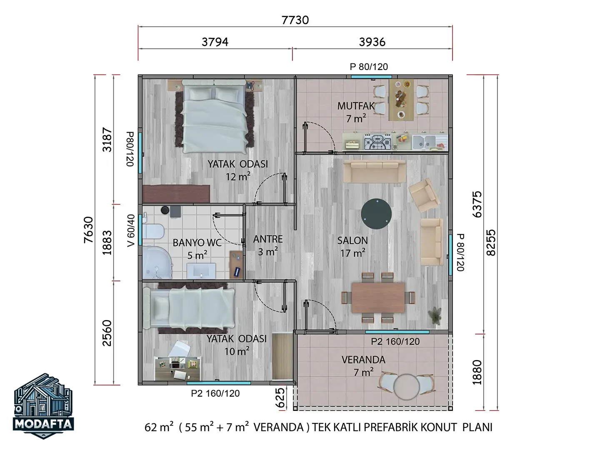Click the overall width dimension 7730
pyautogui.click(x=295, y=20)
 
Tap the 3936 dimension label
pyautogui.click(x=372, y=42)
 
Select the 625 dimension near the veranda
pyautogui.click(x=280, y=397)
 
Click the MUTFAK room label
pyautogui.click(x=356, y=106)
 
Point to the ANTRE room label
pyautogui.click(x=268, y=239)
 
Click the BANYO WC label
pyautogui.click(x=197, y=242)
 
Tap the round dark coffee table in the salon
pyautogui.click(x=377, y=214)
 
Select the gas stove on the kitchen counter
pyautogui.click(x=377, y=141)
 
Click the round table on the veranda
pyautogui.click(x=406, y=387)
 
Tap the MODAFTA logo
pyautogui.click(x=43, y=406)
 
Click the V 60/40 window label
pyautogui.click(x=131, y=230)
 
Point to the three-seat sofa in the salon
pyautogui.click(x=374, y=171)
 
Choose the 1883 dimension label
pyautogui.click(x=107, y=242)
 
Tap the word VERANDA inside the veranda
pyautogui.click(x=363, y=360)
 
